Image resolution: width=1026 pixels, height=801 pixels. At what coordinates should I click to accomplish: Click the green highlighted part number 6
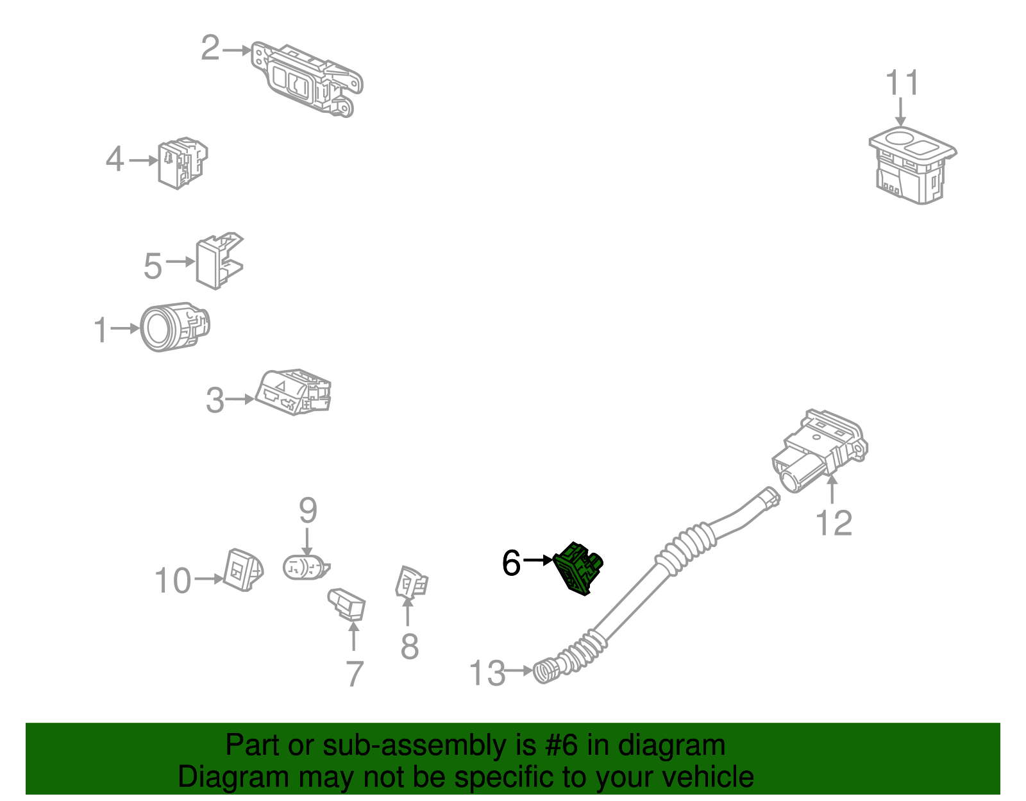tap(578, 568)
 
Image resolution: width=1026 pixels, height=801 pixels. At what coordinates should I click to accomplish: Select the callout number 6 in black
tap(511, 563)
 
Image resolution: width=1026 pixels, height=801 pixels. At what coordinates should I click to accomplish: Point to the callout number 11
tap(902, 83)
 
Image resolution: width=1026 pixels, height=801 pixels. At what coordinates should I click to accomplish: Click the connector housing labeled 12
tap(821, 449)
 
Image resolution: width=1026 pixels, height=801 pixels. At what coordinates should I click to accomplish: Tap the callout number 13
tap(487, 673)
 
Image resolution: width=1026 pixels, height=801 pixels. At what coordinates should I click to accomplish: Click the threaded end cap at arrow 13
tap(546, 671)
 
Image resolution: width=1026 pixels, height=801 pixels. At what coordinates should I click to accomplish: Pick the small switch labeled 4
tap(182, 163)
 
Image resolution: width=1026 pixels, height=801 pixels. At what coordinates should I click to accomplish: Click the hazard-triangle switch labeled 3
tap(294, 392)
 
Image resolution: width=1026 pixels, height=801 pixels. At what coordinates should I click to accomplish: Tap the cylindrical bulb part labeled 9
tap(305, 568)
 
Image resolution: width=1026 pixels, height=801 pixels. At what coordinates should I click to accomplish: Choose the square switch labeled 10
tap(242, 569)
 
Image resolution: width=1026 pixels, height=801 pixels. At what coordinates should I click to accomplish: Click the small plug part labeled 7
tap(348, 605)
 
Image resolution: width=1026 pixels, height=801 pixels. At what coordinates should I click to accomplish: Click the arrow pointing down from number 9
tap(308, 542)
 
